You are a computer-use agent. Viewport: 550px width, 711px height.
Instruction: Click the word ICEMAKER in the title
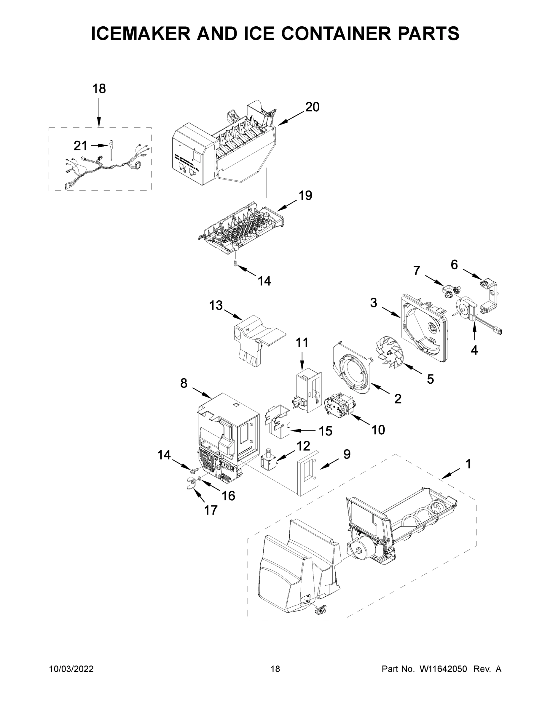[x=141, y=33]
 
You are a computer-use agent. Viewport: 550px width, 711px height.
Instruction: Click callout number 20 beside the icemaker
[x=312, y=107]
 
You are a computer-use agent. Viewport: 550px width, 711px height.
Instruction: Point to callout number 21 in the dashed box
[x=80, y=145]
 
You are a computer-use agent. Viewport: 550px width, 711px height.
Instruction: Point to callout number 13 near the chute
[x=216, y=305]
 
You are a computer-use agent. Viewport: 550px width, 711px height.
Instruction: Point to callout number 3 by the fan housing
[x=373, y=303]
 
